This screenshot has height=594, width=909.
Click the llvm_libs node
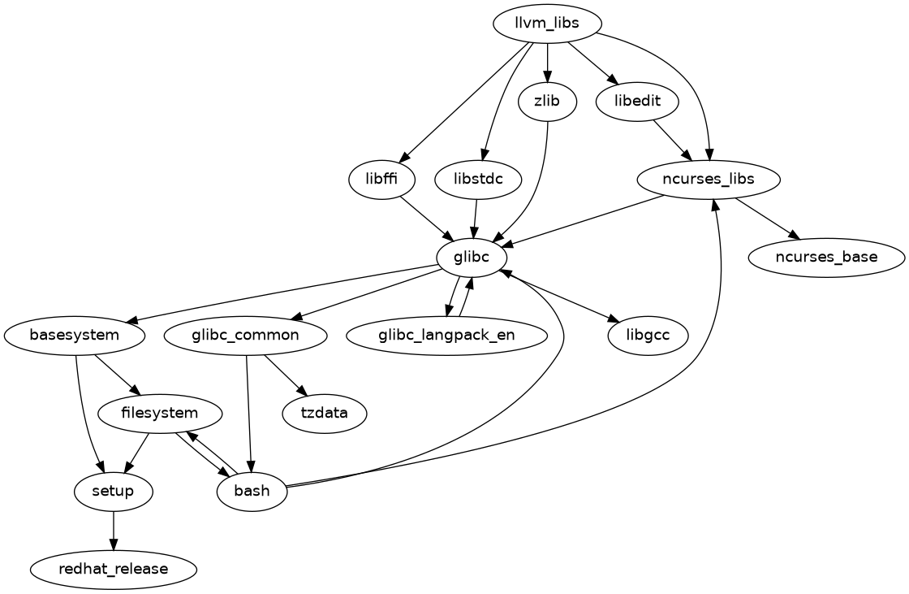point(548,23)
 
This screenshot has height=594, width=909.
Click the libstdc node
point(477,180)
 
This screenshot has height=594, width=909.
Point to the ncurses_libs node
point(709,180)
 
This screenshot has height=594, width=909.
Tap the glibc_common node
point(246,335)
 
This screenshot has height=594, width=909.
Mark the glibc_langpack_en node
point(446,335)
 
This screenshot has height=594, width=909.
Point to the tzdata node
point(325,413)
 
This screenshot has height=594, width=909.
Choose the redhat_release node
point(114,569)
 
